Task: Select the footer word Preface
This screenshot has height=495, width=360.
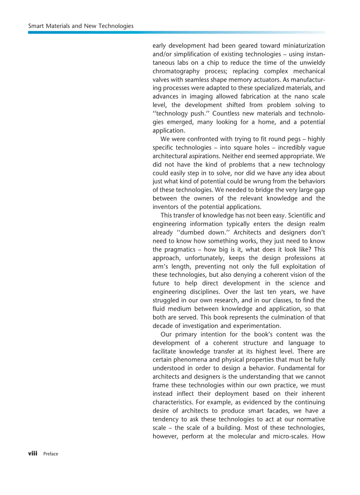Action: (51, 454)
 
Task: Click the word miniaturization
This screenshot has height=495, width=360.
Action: (300, 46)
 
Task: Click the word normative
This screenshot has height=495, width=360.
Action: (308, 419)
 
